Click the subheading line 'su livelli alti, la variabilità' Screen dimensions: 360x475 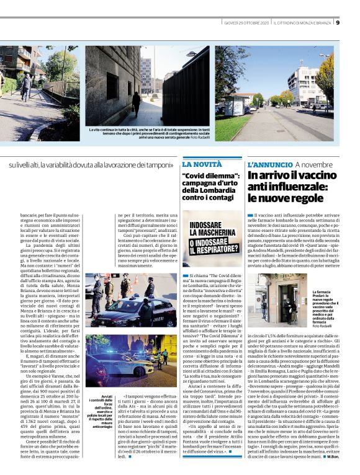click(x=91, y=165)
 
